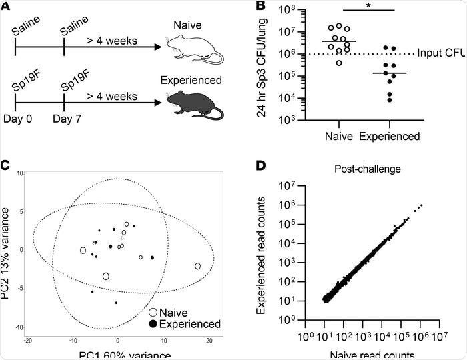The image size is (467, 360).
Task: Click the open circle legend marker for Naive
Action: (x=153, y=312)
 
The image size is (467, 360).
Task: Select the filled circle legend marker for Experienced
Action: (x=153, y=324)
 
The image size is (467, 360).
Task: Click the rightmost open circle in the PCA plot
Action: (x=197, y=266)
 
